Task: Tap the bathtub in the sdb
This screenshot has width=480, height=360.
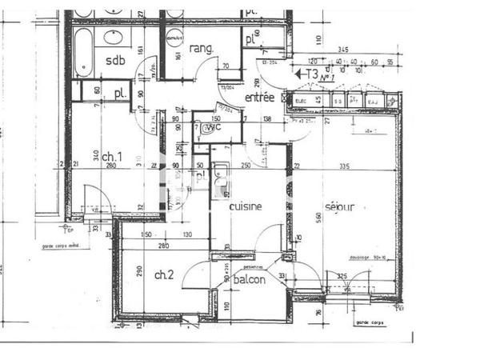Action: click(x=83, y=53)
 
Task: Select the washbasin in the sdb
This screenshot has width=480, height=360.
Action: click(x=114, y=37)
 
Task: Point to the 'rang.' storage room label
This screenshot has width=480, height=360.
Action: click(x=201, y=49)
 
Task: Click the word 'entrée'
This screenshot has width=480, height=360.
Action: click(x=260, y=97)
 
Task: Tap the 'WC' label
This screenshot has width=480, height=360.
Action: click(x=212, y=128)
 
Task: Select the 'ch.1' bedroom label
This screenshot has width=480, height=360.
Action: click(x=112, y=156)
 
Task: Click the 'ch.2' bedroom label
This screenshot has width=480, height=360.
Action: click(x=164, y=275)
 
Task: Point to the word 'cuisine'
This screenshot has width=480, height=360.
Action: click(x=246, y=206)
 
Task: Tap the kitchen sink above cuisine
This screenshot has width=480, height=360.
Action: click(x=223, y=176)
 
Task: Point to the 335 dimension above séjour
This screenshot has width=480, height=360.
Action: click(x=344, y=166)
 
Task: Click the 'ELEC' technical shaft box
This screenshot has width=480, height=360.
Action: click(x=302, y=101)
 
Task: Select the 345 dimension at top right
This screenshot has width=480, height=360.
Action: click(x=342, y=50)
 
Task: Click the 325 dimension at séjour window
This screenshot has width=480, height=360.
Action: click(x=341, y=277)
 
